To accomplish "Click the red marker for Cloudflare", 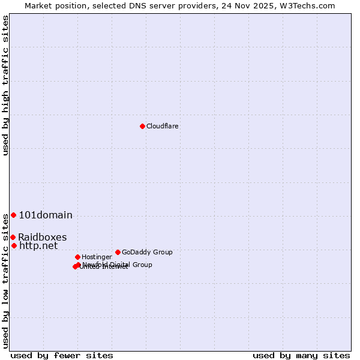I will (x=142, y=126).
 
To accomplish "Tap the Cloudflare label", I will (x=163, y=126).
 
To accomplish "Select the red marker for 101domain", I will (x=13, y=215).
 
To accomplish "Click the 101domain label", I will (x=46, y=215).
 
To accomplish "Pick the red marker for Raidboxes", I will (x=13, y=237).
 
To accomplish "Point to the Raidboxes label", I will (x=42, y=237).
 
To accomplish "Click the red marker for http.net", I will (x=14, y=245).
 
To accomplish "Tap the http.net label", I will (x=38, y=245).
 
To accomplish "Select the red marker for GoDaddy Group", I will (x=118, y=252).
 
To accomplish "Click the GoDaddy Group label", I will (x=147, y=252).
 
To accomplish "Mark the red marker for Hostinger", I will (x=77, y=257).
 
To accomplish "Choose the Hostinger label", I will (x=97, y=257).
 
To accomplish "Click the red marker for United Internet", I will (x=75, y=266).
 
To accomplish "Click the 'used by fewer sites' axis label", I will (x=62, y=355).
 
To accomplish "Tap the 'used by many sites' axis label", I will (x=301, y=355).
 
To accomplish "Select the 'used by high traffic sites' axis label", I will (x=6, y=85).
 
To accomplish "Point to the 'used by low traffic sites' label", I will (x=6, y=281).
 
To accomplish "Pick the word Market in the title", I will (x=39, y=5).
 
